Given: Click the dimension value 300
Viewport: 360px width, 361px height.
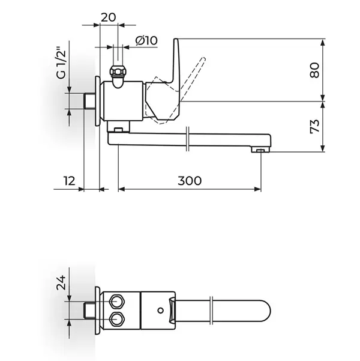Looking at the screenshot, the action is (190, 181).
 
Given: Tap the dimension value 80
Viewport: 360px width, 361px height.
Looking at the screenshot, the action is (314, 70).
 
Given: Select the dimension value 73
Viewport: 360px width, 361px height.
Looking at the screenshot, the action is (314, 126).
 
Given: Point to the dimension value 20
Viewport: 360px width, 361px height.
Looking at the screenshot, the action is (109, 17).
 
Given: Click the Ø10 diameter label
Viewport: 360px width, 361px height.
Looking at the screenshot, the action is (146, 40).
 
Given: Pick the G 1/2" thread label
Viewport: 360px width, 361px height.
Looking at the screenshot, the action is (61, 63).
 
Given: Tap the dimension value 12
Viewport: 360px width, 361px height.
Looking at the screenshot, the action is (69, 181).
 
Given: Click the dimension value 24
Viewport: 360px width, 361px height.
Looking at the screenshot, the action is (61, 282).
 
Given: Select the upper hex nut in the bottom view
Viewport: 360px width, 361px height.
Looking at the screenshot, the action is (118, 302).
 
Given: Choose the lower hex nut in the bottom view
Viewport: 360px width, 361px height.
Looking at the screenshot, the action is (118, 320).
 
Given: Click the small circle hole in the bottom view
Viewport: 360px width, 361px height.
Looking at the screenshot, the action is (161, 311).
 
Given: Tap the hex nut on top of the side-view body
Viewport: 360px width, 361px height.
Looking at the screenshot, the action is (118, 71).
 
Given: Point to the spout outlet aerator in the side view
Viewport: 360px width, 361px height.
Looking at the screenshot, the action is (260, 150).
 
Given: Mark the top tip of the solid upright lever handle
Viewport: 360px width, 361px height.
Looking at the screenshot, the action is (176, 39).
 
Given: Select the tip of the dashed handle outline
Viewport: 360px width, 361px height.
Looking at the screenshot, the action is (203, 58).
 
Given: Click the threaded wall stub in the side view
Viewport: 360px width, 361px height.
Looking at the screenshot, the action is (89, 101).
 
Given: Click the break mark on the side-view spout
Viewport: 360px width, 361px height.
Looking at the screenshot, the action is (187, 139).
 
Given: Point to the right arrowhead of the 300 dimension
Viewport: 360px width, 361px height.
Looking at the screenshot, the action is (257, 189).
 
